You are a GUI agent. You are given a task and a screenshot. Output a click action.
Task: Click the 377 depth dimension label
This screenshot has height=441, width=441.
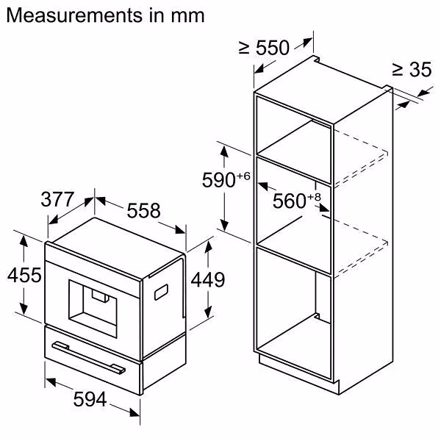tap(57, 199)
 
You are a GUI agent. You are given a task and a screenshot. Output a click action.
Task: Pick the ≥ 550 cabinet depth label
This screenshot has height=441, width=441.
tap(264, 49)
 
